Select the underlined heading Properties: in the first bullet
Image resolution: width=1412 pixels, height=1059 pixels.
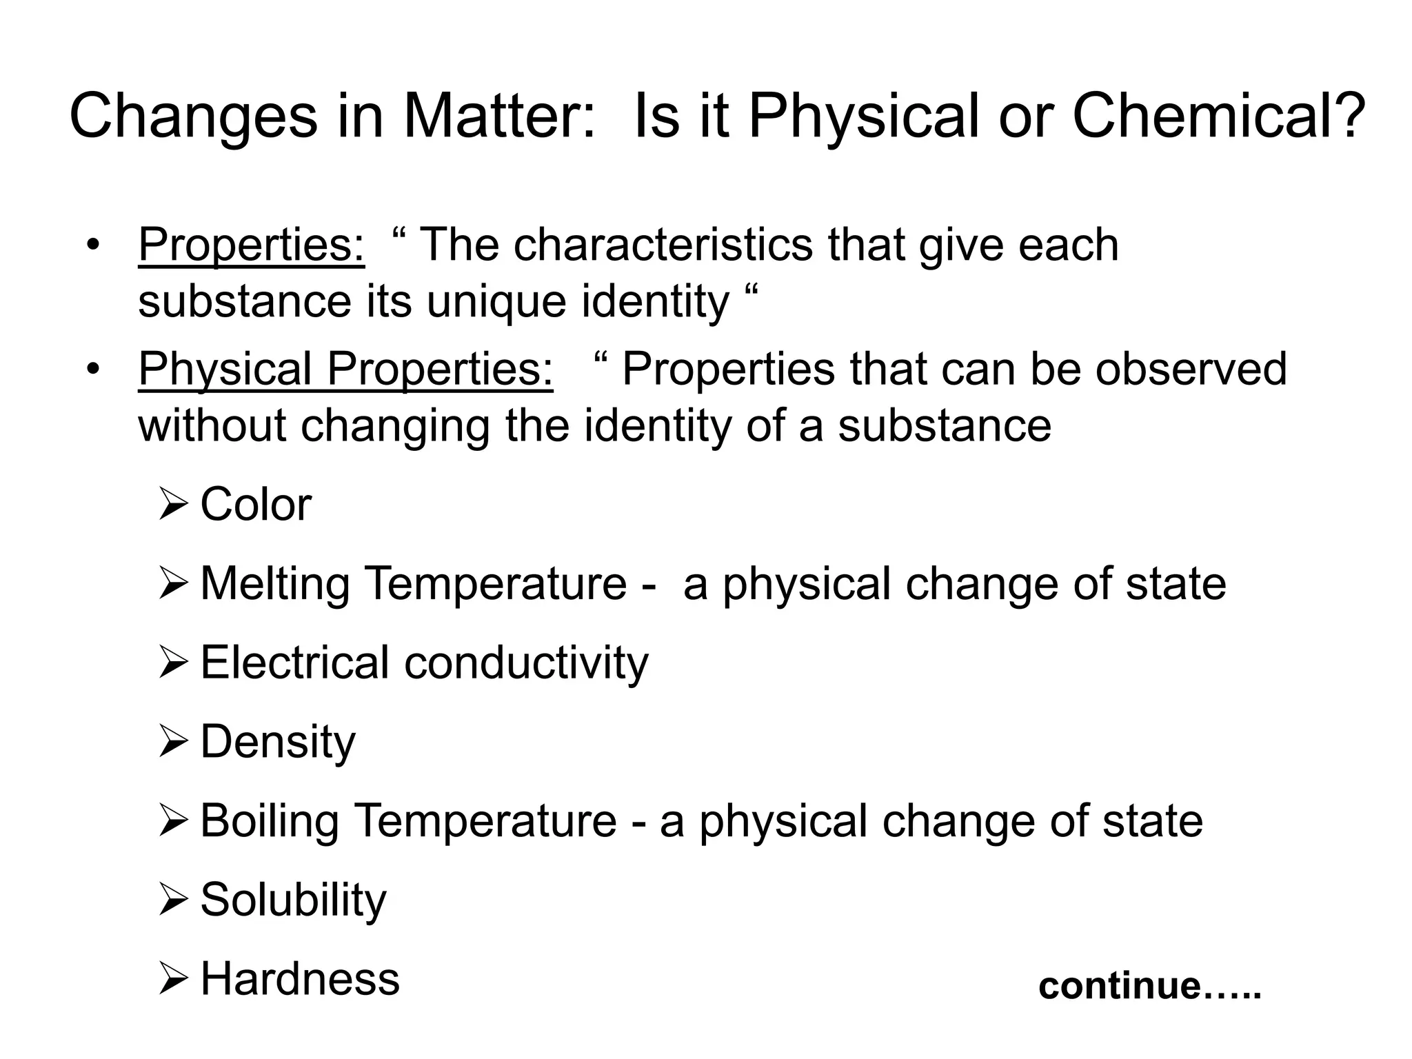click(252, 244)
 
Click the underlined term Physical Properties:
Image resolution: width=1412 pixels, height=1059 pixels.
click(345, 368)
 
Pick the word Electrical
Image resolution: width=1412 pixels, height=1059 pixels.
click(294, 663)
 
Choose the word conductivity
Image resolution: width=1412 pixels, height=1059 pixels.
click(526, 663)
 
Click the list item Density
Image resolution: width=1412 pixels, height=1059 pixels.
click(278, 742)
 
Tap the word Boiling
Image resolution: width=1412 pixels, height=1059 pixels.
click(270, 820)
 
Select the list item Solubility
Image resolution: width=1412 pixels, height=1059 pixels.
click(293, 900)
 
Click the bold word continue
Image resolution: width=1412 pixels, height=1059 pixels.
click(1120, 985)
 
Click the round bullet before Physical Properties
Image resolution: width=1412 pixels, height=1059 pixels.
click(94, 368)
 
